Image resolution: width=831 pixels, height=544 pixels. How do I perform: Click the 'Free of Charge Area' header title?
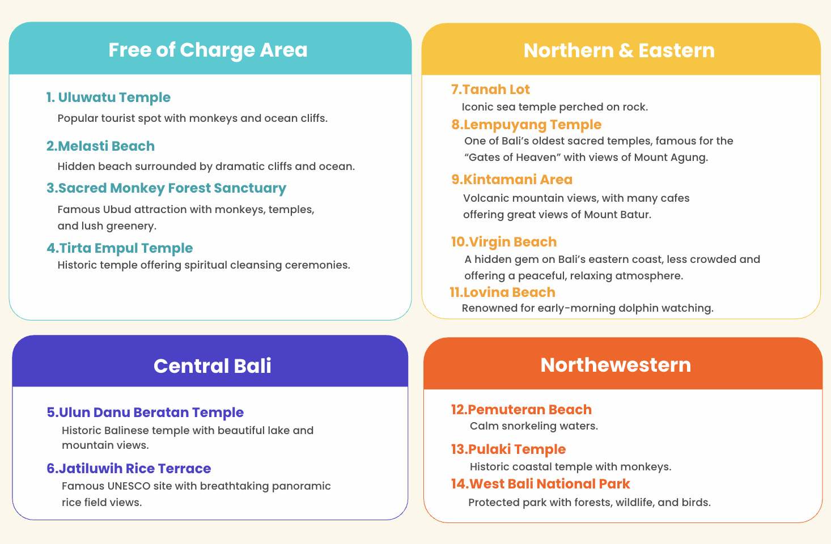point(207,50)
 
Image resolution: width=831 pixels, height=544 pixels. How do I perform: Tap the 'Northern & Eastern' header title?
point(618,50)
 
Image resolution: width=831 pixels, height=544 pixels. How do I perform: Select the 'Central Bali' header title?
point(212,365)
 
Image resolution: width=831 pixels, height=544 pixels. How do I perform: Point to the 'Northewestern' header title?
point(616,364)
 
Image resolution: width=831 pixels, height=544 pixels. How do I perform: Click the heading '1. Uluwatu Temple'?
point(108,97)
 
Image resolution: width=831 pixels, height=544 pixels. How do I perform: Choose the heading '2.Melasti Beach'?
point(100,146)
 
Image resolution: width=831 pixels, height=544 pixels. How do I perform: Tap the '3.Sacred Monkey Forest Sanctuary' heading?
point(166,188)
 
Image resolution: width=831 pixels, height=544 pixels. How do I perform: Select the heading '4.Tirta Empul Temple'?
point(120,248)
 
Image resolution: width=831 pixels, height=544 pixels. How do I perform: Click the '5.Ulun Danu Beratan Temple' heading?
point(145,413)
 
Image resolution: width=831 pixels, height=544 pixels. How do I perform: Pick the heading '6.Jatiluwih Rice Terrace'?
point(129,469)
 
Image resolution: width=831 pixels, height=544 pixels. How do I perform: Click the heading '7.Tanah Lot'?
point(490,90)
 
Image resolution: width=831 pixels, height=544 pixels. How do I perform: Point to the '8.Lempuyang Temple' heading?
point(526,125)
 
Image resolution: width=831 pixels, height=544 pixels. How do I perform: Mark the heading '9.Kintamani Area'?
point(512,180)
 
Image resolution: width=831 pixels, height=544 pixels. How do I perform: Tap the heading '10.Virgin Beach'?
point(503,242)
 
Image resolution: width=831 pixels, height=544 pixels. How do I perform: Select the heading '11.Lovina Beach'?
point(502,292)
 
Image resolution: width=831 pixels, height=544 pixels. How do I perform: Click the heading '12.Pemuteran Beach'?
point(521,410)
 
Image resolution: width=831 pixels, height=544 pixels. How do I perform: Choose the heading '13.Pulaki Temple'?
point(508,449)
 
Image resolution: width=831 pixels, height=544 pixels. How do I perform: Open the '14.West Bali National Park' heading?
point(540,484)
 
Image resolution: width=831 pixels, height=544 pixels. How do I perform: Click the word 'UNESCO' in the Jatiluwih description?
point(129,486)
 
